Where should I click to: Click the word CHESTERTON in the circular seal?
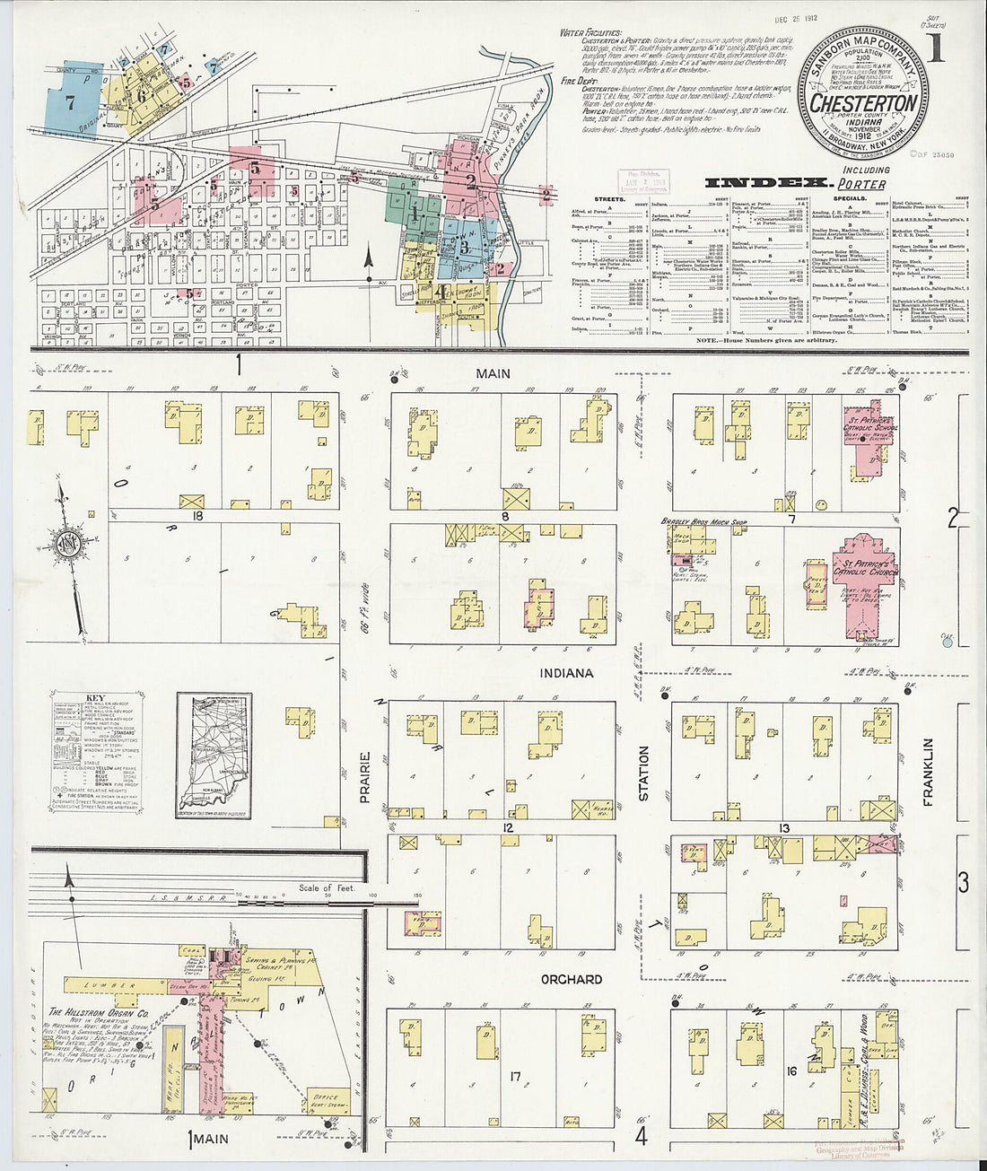click(x=863, y=103)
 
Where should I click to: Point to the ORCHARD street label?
click(x=571, y=979)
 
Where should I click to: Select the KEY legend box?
click(x=95, y=754)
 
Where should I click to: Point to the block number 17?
click(x=515, y=1075)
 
